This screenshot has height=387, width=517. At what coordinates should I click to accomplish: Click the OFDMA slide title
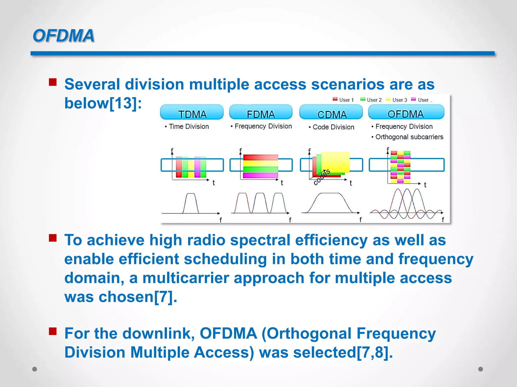tap(63, 36)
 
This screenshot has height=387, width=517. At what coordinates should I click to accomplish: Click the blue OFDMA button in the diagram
tap(406, 112)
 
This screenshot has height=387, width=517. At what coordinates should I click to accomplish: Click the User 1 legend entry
tap(344, 100)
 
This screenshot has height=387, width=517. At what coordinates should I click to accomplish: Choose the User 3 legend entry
tap(397, 100)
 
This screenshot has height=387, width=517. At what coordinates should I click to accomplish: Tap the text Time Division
tap(189, 126)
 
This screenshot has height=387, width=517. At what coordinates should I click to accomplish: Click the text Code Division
tap(333, 127)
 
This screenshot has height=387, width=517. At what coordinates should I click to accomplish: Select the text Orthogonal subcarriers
tap(409, 137)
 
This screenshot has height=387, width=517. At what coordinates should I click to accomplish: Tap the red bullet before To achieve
tap(53, 238)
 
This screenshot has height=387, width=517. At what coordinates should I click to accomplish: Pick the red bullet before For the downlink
tap(53, 331)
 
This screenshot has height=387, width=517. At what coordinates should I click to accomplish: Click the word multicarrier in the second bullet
tap(186, 278)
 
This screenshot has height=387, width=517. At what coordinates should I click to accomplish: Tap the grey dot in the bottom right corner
tap(480, 369)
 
